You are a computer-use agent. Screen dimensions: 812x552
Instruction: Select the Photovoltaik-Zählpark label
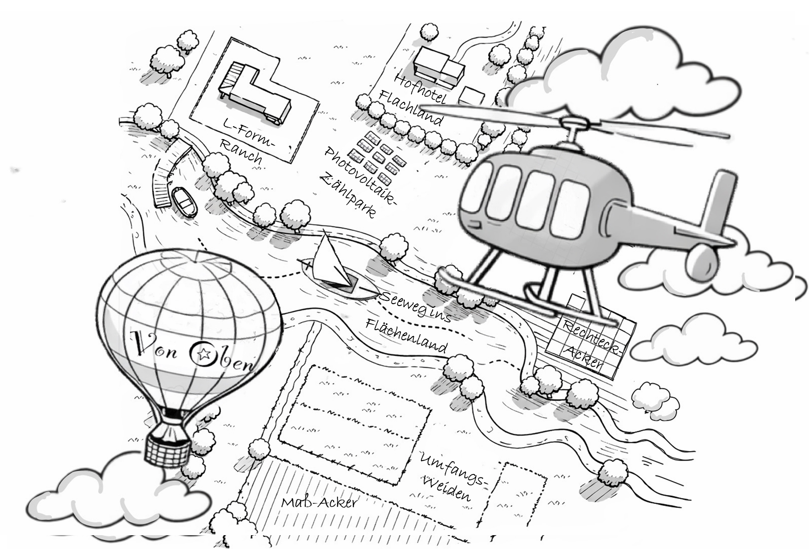coord(357,181)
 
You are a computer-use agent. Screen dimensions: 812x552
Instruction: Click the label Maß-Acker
coord(319,503)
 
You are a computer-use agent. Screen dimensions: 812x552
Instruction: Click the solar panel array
coord(377,156)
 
